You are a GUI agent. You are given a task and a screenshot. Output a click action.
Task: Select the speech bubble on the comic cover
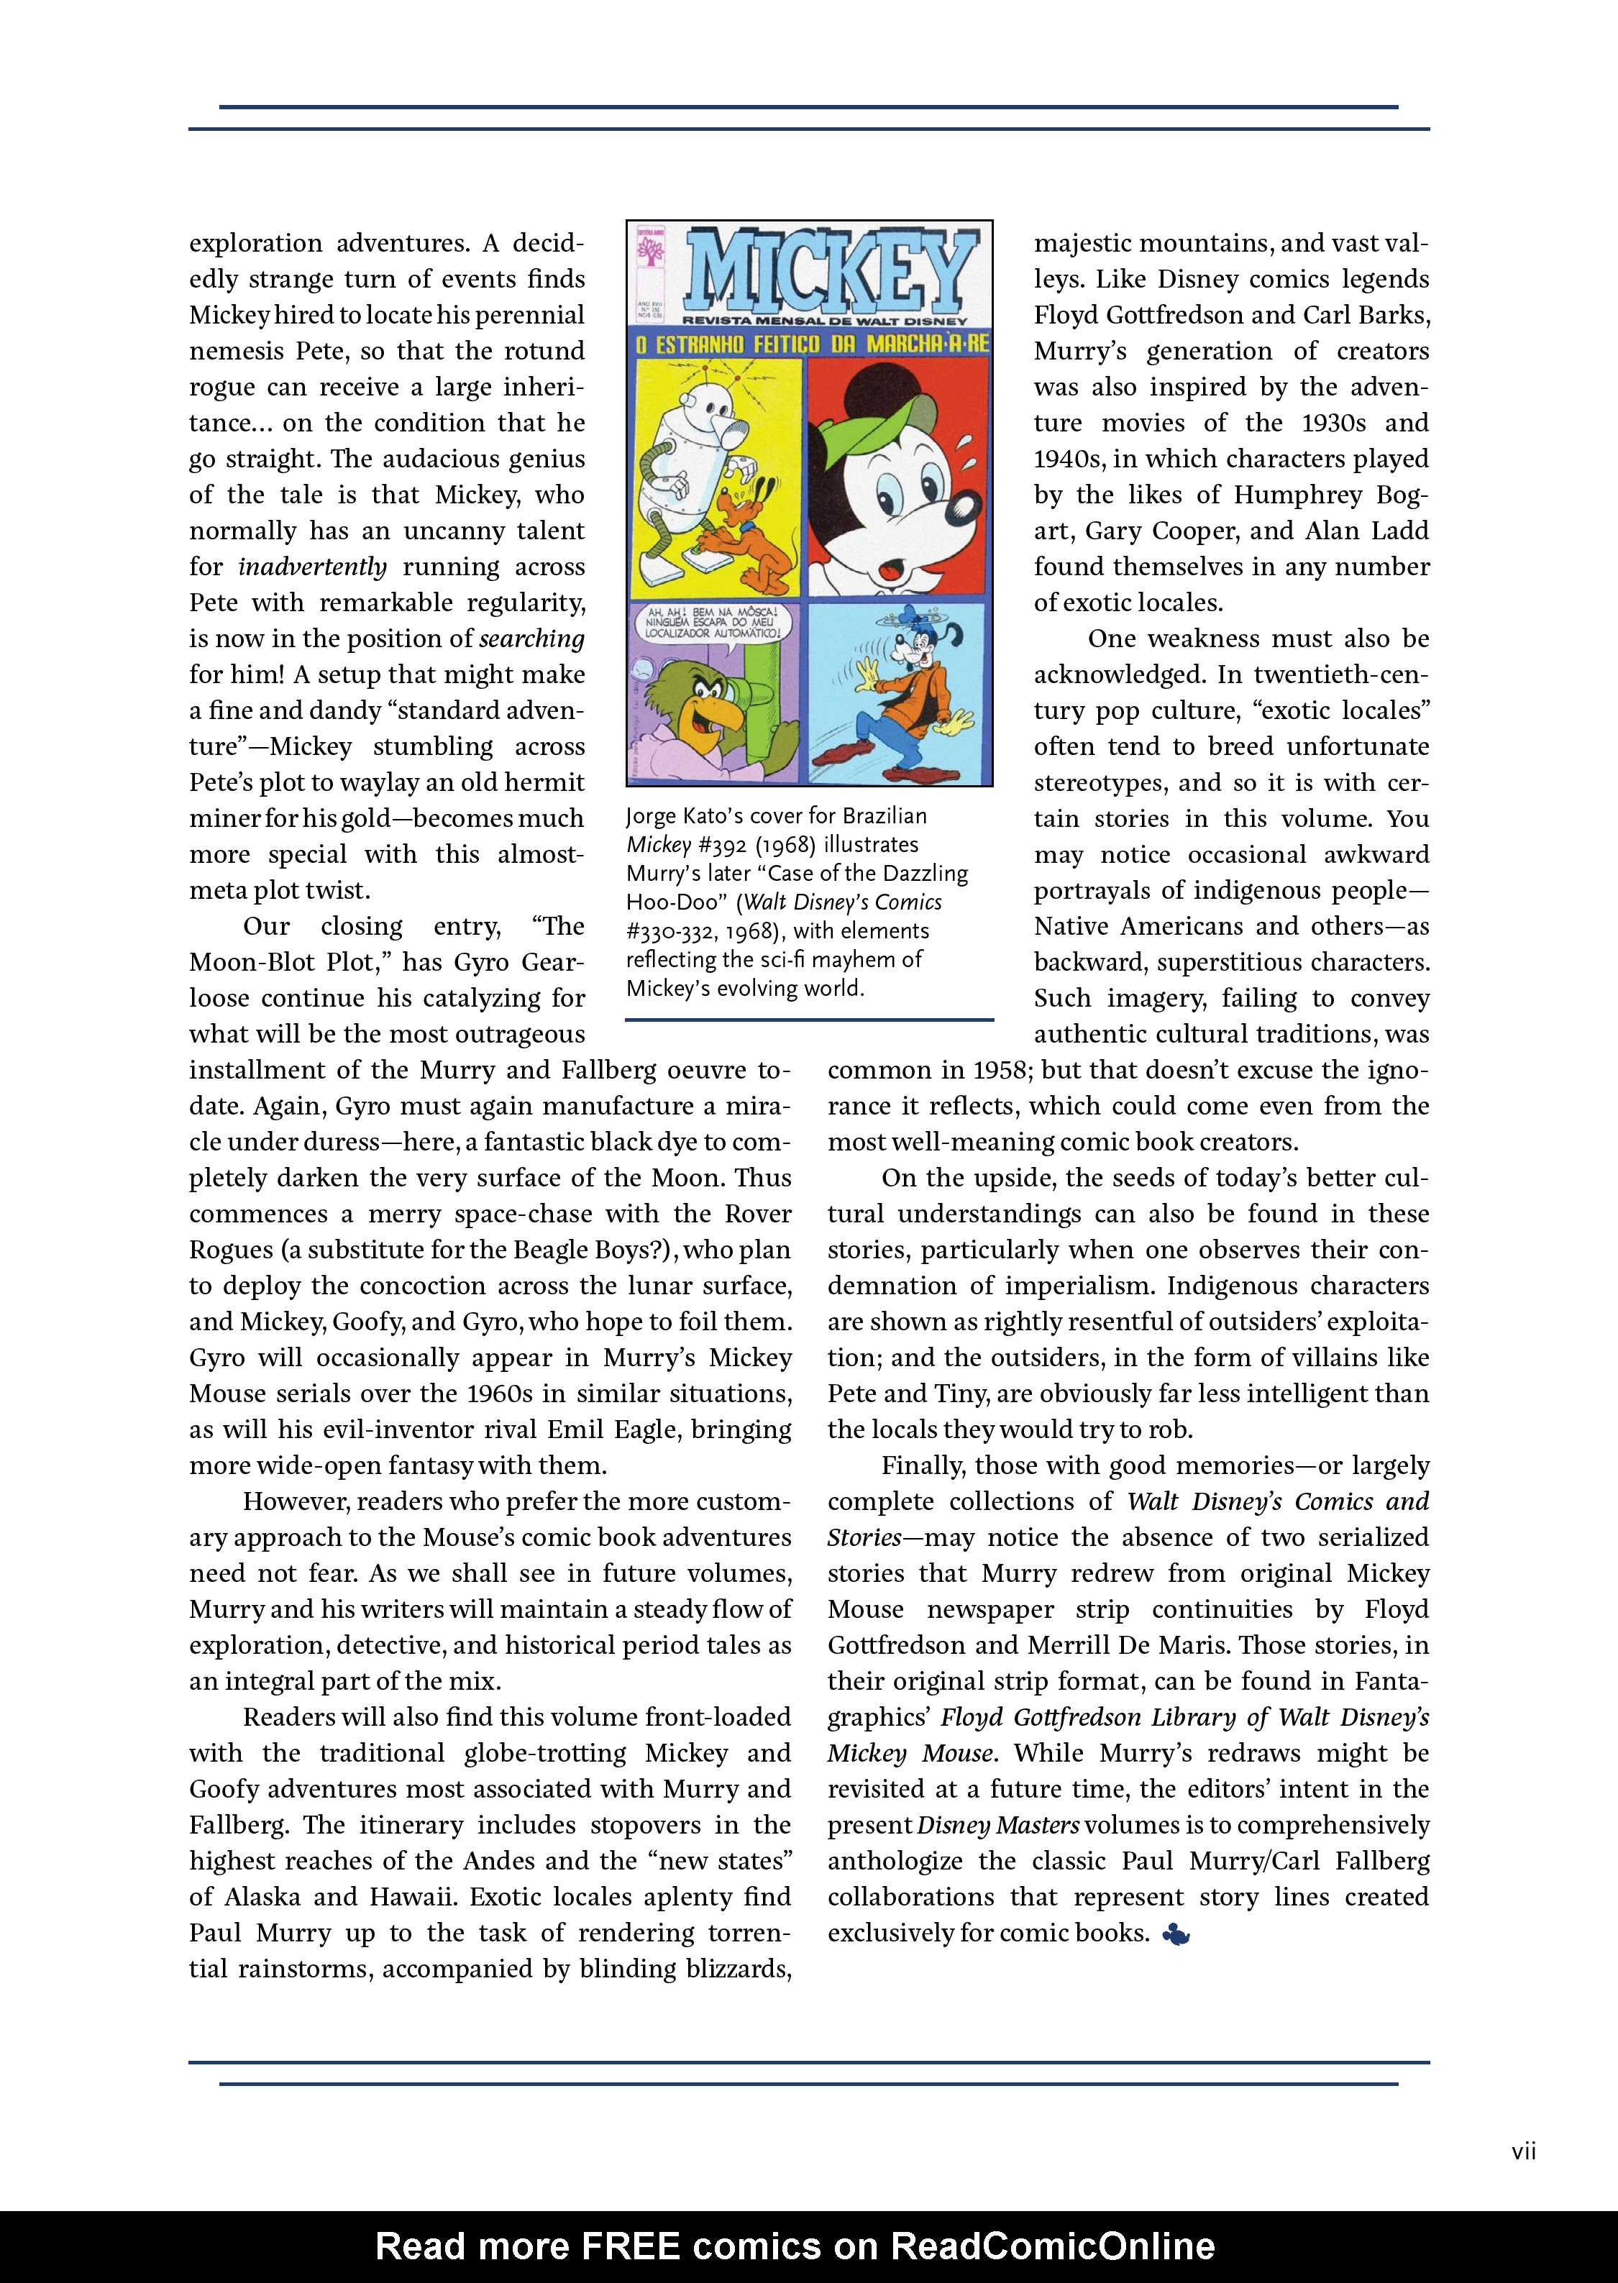713,623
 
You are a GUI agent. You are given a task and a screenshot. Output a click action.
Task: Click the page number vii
1523,2151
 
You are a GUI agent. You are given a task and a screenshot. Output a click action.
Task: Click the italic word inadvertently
312,567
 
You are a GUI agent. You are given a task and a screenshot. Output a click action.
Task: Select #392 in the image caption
726,845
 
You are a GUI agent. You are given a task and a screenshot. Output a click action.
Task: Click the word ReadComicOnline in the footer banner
1052,2246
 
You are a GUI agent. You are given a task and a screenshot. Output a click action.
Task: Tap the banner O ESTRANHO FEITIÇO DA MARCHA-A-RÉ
809,346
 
